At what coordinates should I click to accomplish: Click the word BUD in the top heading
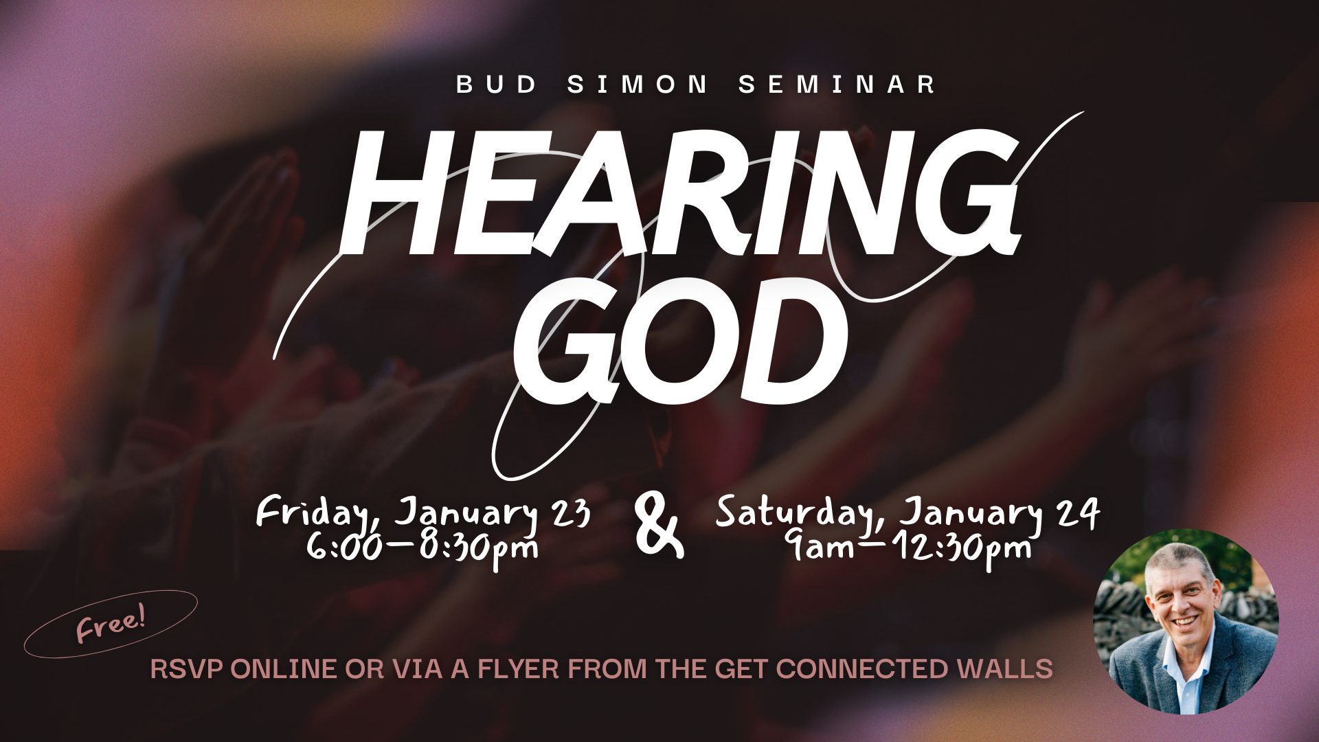tap(497, 85)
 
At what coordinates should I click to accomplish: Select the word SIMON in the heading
tap(638, 85)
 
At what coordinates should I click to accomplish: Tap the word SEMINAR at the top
tap(837, 85)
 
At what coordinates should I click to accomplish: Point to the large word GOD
tap(680, 341)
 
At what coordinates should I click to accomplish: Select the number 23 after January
tap(571, 513)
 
